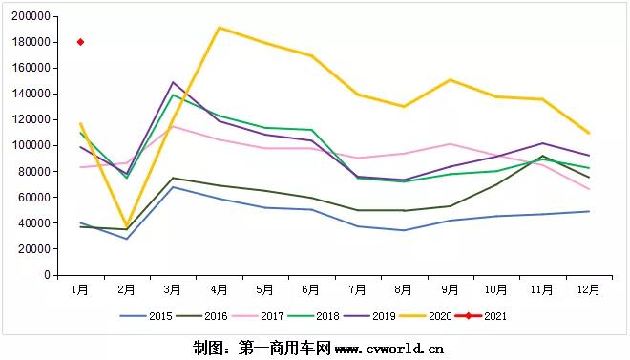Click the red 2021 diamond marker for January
[81, 42]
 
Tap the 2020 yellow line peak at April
[220, 28]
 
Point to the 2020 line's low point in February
[127, 227]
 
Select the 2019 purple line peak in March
[173, 82]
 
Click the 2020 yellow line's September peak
[451, 79]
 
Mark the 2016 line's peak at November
[543, 156]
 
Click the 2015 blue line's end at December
[589, 211]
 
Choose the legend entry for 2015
[146, 316]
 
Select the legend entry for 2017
[258, 316]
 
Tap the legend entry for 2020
[426, 316]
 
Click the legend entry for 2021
[480, 316]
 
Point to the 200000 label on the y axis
[31, 16]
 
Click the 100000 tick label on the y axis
[31, 145]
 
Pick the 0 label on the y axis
[48, 275]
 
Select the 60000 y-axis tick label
[34, 198]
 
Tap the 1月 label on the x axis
[81, 289]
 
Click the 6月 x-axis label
[311, 289]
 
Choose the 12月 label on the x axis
[589, 289]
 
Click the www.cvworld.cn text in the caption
[389, 348]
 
